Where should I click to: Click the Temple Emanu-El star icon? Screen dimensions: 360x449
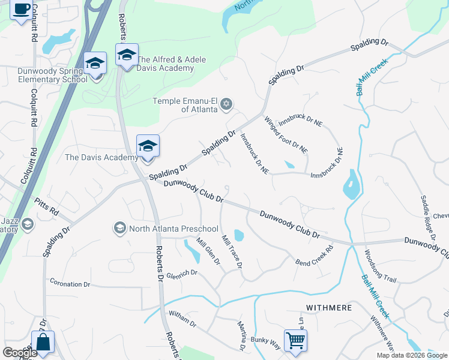coord(226,104)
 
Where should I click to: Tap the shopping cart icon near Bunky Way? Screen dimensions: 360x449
coord(295,340)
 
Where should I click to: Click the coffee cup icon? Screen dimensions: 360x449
coord(21,9)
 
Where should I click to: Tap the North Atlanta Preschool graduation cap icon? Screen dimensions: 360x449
coord(119,228)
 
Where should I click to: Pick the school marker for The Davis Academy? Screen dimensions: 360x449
coord(148,146)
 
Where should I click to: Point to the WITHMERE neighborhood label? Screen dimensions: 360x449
coord(328,308)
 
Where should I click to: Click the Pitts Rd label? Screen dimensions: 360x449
coord(47,207)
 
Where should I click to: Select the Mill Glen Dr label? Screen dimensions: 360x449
coord(208,252)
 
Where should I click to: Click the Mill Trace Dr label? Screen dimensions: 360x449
coord(232,251)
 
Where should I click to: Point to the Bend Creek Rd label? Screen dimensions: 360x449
coord(314,256)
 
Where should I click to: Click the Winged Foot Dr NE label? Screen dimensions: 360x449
coord(286,134)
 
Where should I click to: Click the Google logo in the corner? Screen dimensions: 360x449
coord(20,353)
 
